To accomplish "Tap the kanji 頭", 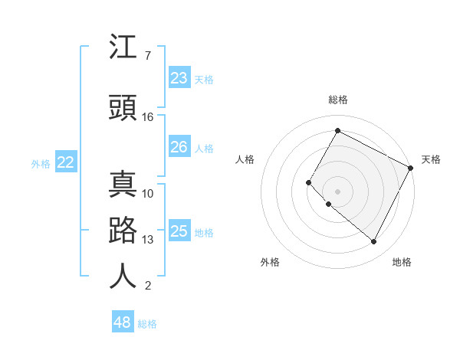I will pyautogui.click(x=123, y=108).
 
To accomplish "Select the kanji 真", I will pyautogui.click(x=123, y=185).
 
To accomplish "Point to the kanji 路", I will pyautogui.click(x=123, y=231).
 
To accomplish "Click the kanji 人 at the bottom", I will pyautogui.click(x=123, y=276).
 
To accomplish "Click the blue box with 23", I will pyautogui.click(x=179, y=78).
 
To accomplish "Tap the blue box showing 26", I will pyautogui.click(x=179, y=147).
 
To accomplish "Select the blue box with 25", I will pyautogui.click(x=179, y=231).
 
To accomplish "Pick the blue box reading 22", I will pyautogui.click(x=66, y=162).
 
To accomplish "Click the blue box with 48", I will pyautogui.click(x=123, y=322).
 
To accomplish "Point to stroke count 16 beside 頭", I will pyautogui.click(x=148, y=117).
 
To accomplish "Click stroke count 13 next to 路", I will pyautogui.click(x=148, y=240).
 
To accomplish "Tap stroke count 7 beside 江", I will pyautogui.click(x=147, y=56).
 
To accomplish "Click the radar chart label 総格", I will pyautogui.click(x=338, y=100).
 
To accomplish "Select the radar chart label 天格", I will pyautogui.click(x=431, y=159).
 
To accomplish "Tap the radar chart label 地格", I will pyautogui.click(x=402, y=262).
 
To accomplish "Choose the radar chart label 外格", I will pyautogui.click(x=270, y=262).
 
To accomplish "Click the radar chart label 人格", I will pyautogui.click(x=245, y=159).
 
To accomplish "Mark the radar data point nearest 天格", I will pyautogui.click(x=411, y=168).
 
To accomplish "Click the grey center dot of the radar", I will pyautogui.click(x=337, y=191).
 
